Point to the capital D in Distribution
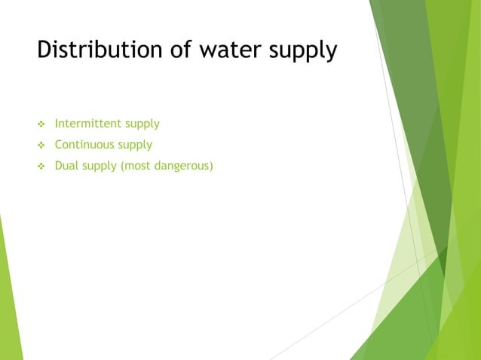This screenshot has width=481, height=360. tap(44, 50)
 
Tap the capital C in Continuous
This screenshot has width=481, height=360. tap(60, 145)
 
